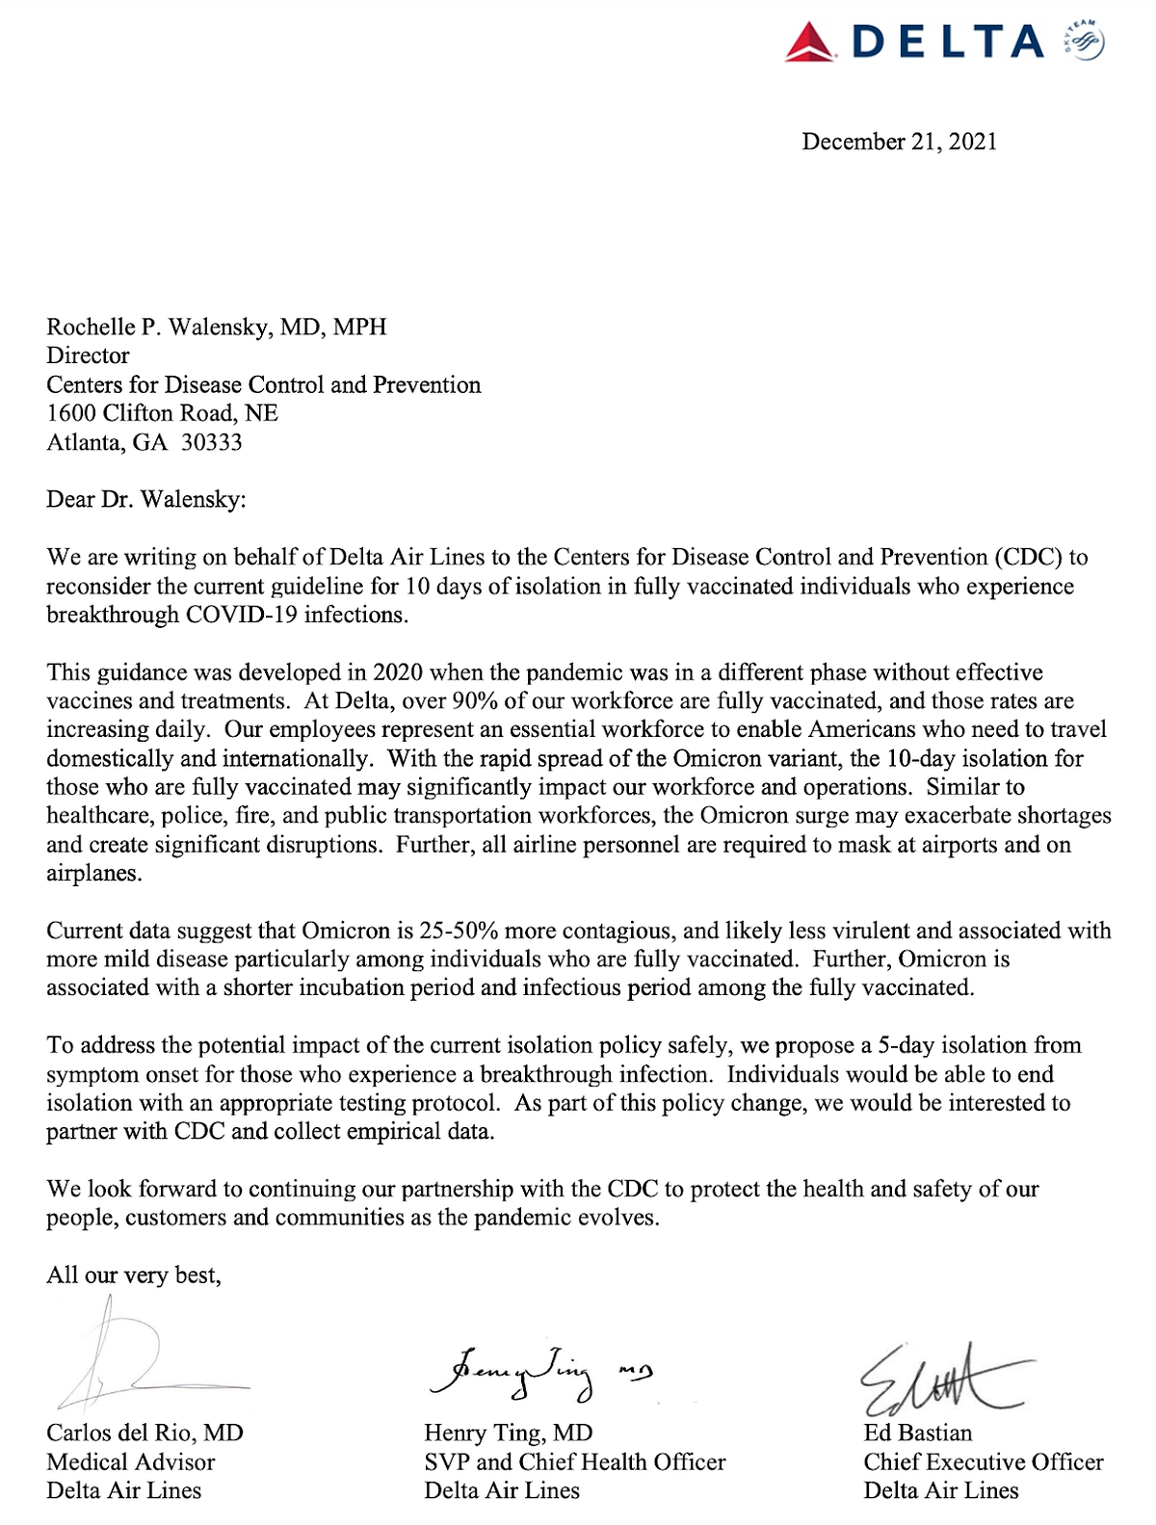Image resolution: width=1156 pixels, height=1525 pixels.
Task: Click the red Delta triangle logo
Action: [x=810, y=43]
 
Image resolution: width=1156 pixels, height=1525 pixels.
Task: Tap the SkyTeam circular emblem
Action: [x=1087, y=41]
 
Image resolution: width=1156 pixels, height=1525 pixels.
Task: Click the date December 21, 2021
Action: [x=899, y=142]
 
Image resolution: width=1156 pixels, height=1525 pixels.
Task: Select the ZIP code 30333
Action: [x=212, y=442]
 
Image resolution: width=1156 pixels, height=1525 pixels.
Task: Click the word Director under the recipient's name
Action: [x=88, y=355]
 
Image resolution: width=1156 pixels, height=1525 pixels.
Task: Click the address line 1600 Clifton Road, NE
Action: [x=162, y=413]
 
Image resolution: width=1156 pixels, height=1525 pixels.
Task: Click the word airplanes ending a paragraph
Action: [x=92, y=874]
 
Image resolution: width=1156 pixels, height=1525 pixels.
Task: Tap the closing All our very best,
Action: [x=133, y=1275]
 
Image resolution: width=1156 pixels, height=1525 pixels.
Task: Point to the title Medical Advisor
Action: [x=130, y=1461]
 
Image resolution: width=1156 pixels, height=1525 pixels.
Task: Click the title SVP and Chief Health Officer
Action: [x=574, y=1461]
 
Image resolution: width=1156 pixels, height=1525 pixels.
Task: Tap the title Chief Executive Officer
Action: [x=983, y=1461]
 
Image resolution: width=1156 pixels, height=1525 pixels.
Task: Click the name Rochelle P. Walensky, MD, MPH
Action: [x=216, y=327]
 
